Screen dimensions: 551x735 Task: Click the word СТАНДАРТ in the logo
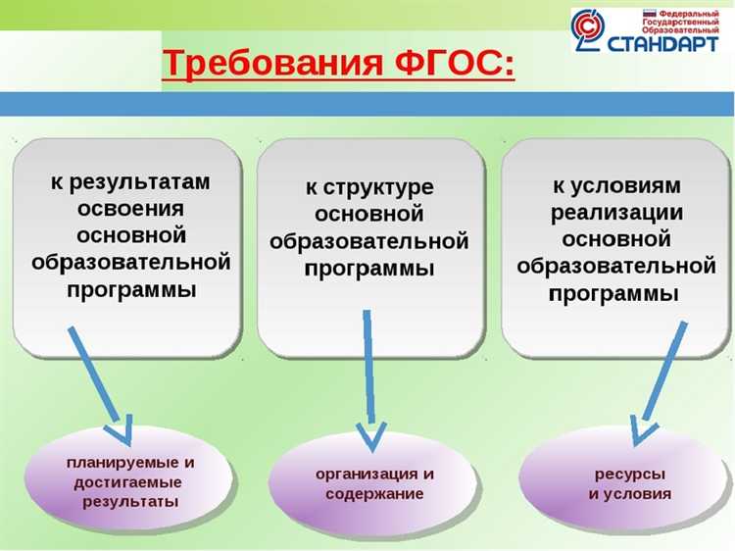[x=669, y=44]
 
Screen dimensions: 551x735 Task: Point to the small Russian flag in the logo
[x=648, y=14]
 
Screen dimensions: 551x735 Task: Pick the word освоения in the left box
[x=130, y=209]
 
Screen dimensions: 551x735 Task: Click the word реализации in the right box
[x=616, y=212]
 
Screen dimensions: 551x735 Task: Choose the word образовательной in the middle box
[x=368, y=241]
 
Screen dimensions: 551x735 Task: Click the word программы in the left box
[x=130, y=289]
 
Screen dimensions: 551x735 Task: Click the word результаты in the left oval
[x=130, y=501]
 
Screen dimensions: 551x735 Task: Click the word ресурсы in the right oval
[x=624, y=474]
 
